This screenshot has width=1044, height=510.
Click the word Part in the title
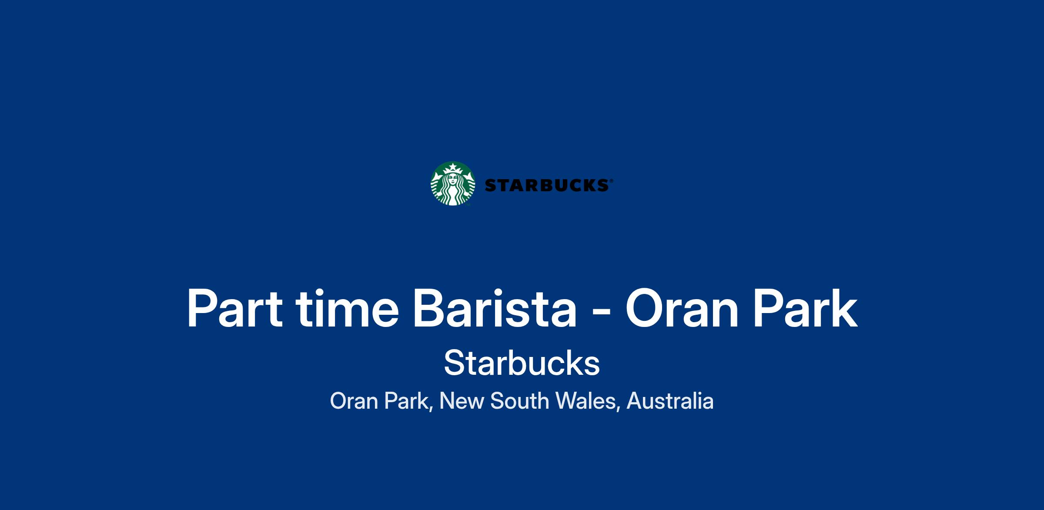[x=235, y=308]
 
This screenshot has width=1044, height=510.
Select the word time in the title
[x=347, y=308]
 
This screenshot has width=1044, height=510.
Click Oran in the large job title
[x=682, y=308]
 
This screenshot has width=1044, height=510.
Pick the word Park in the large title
[x=805, y=308]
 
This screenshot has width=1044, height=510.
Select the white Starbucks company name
[x=522, y=363]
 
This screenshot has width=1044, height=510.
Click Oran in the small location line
[x=354, y=401]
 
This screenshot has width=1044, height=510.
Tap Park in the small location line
[x=408, y=401]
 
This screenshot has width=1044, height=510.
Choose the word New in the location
[x=462, y=401]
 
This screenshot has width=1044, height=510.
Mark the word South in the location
[x=519, y=401]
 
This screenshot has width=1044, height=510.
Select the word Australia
[x=670, y=401]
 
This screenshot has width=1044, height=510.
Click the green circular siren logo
[x=453, y=183]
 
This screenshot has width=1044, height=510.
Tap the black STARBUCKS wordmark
[x=547, y=186]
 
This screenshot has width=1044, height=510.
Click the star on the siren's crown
[x=453, y=167]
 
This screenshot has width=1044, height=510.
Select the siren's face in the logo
[x=453, y=179]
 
